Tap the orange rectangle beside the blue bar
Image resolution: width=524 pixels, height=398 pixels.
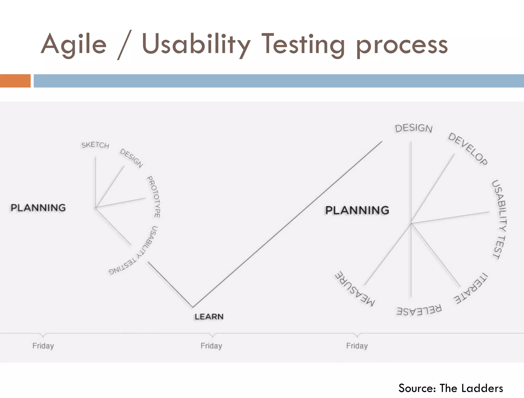click(x=15, y=81)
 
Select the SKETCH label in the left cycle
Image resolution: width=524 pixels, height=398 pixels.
click(x=95, y=145)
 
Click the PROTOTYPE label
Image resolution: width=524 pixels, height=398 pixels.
click(x=154, y=196)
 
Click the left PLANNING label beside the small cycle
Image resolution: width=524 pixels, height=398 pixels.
click(x=38, y=208)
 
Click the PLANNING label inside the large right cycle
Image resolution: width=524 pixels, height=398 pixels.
click(x=357, y=210)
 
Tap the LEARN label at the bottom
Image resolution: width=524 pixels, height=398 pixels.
click(x=209, y=317)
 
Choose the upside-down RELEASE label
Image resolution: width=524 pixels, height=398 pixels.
click(x=419, y=310)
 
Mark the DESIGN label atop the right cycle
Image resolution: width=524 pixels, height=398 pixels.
click(x=414, y=128)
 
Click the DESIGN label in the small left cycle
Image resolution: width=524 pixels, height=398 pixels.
click(x=132, y=158)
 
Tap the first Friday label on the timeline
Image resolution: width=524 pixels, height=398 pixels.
click(x=43, y=346)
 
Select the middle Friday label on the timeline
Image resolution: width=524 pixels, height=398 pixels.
click(x=211, y=346)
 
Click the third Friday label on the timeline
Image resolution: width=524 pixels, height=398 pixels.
click(x=357, y=346)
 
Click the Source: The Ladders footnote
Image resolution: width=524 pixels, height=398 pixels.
click(x=451, y=388)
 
